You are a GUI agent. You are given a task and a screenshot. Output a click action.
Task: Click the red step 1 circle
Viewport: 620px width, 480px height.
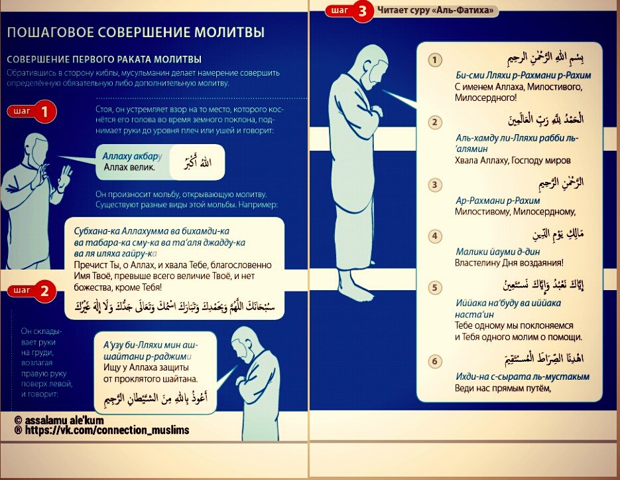coord(45,112)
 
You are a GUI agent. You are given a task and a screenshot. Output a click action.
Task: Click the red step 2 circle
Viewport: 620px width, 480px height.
coord(45,290)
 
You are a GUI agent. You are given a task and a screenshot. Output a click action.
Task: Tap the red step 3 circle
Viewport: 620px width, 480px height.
coord(362,11)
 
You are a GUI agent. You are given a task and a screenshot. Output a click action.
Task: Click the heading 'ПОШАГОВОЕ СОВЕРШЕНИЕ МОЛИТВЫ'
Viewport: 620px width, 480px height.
coord(136,32)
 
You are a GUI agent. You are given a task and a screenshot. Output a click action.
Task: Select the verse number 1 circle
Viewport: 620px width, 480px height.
coord(434,60)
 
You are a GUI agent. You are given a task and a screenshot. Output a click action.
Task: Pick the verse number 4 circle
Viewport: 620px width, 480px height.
coord(435,236)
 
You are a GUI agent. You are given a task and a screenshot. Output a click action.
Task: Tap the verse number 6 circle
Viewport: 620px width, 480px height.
coord(435,362)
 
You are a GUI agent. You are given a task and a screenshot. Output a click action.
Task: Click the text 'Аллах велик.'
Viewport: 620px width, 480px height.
coord(129,167)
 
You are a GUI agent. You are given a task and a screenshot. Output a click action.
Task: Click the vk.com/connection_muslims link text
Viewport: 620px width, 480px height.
coord(107,430)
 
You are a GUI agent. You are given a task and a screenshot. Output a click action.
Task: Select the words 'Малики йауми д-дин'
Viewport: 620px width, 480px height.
coord(498,252)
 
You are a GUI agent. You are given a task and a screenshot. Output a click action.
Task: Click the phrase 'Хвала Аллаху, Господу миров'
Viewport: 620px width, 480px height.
coord(513,160)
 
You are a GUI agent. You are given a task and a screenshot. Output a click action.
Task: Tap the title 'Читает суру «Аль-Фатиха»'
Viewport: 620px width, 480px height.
coord(438,11)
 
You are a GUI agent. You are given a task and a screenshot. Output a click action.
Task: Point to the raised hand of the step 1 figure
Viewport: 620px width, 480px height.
coord(65,176)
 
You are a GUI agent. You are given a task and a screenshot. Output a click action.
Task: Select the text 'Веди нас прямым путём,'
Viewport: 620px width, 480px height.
coord(503,388)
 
